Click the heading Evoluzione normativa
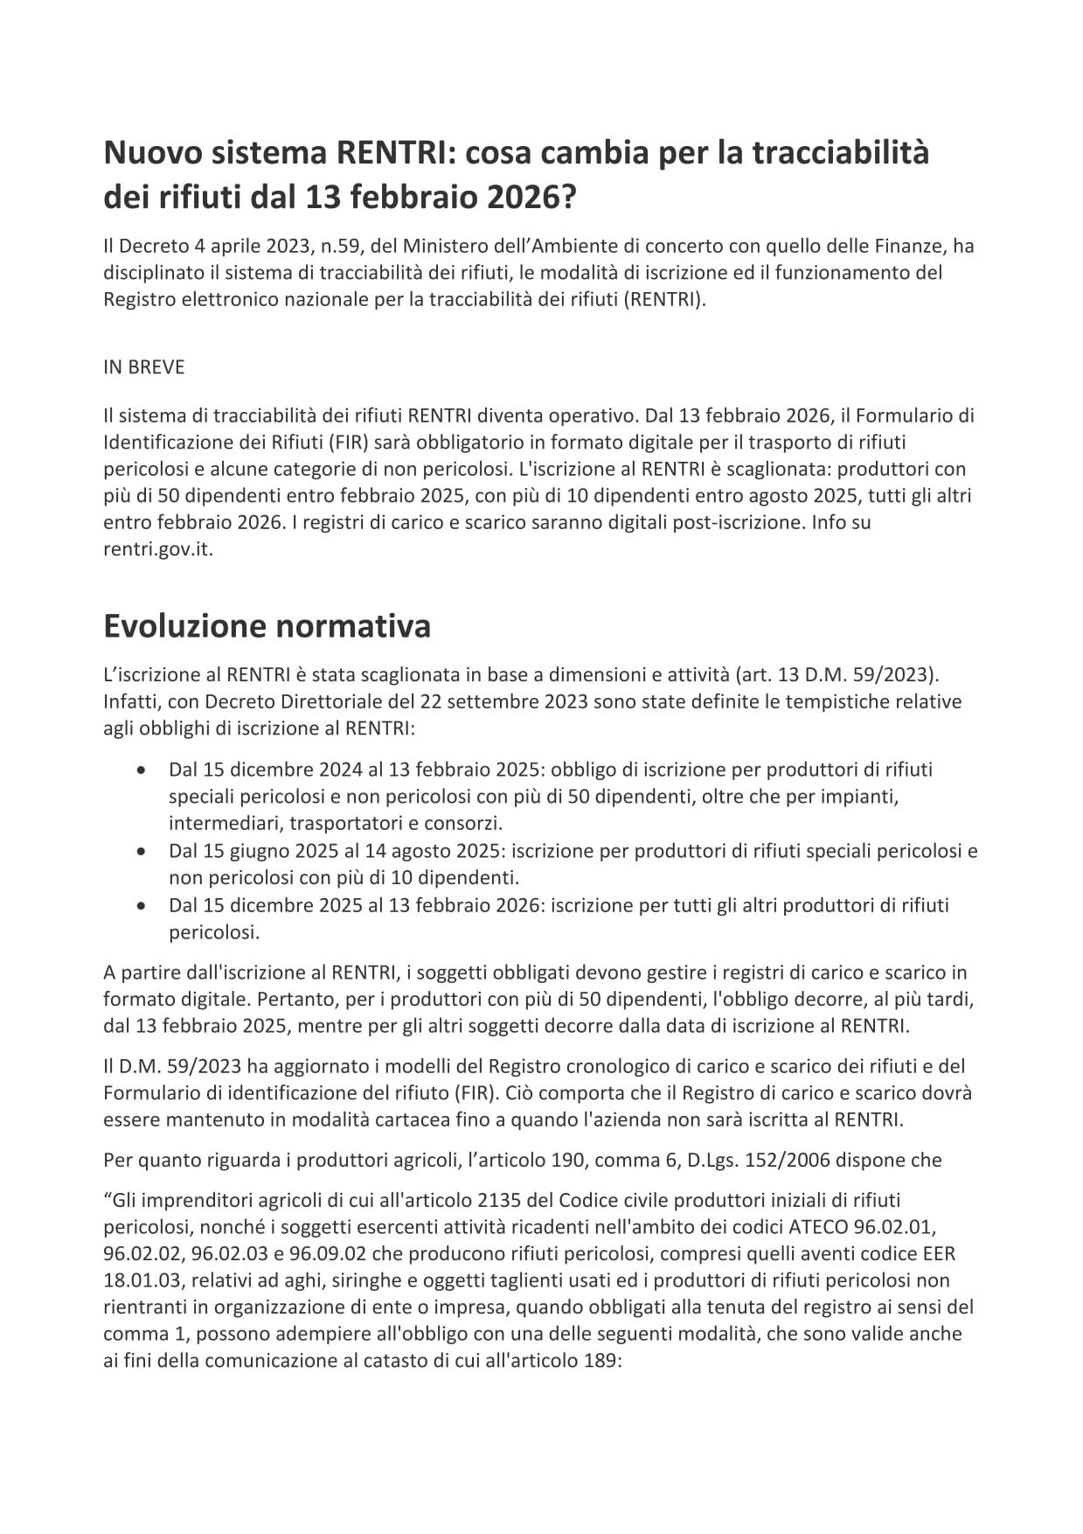pyautogui.click(x=267, y=627)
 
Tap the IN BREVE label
pyautogui.click(x=144, y=367)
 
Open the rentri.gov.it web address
pyautogui.click(x=157, y=551)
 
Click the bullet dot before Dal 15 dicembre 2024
pyautogui.click(x=142, y=770)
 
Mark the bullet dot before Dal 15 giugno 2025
pyautogui.click(x=142, y=851)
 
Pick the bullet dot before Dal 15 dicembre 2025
pyautogui.click(x=142, y=905)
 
